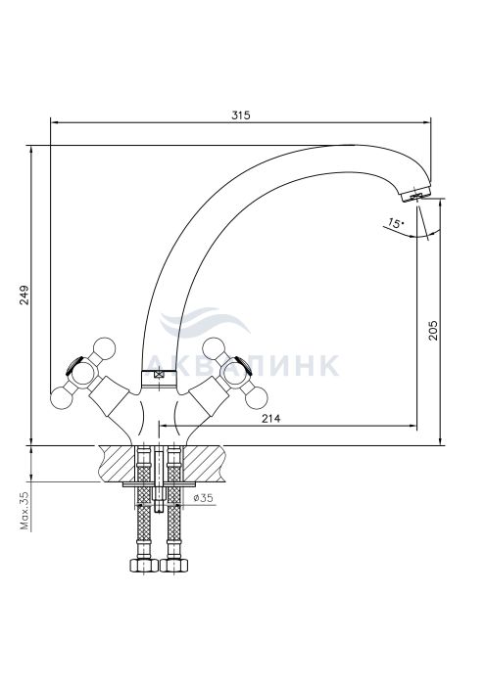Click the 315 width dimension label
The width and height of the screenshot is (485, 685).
[240, 115]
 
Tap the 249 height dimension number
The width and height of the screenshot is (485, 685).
[24, 295]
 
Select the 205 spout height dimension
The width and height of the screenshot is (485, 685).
[432, 331]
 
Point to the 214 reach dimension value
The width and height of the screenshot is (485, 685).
[271, 418]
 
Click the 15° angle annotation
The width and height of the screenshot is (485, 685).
[396, 224]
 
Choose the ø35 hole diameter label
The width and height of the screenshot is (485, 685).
[203, 497]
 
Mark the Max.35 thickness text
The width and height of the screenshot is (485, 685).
[24, 510]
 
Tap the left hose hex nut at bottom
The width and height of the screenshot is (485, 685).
[144, 565]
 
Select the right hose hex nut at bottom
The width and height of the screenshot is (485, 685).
[174, 565]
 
